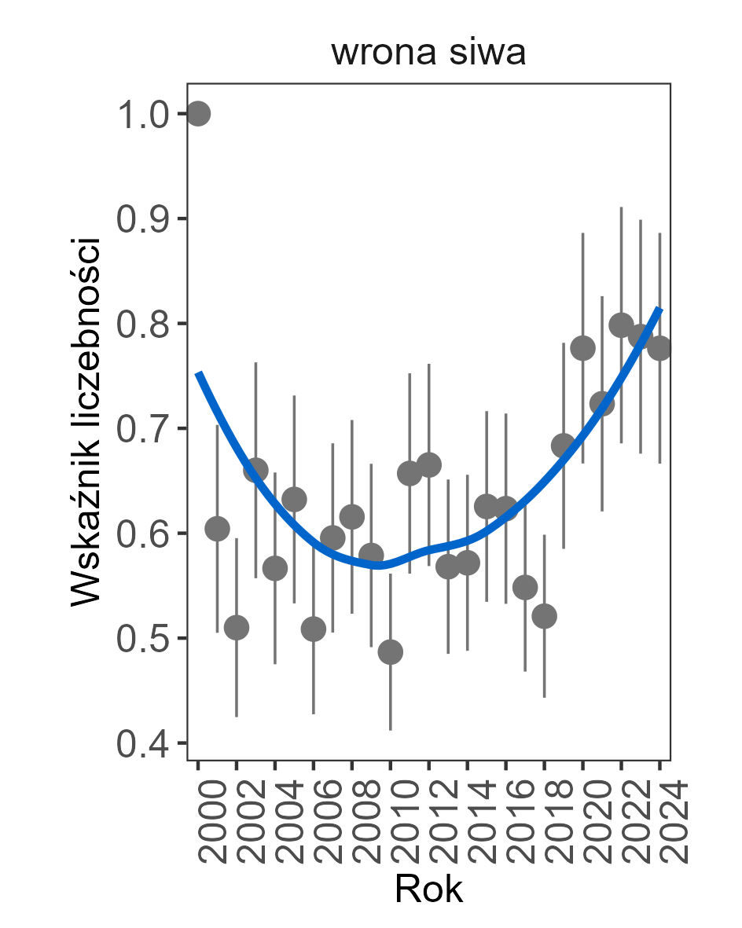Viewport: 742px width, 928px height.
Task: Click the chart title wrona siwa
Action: point(428,53)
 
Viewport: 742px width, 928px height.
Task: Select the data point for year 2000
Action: point(198,114)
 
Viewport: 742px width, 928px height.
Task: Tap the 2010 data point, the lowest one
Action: point(391,651)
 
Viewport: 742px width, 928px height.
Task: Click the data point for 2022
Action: point(621,324)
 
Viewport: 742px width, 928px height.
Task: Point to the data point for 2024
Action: point(659,347)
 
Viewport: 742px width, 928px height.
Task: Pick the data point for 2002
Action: point(237,627)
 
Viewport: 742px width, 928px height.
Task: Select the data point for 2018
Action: point(544,616)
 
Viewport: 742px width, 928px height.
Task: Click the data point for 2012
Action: point(428,464)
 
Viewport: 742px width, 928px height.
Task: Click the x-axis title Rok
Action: point(428,889)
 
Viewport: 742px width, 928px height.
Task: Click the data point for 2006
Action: point(314,629)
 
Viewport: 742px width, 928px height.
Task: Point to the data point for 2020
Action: point(582,347)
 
